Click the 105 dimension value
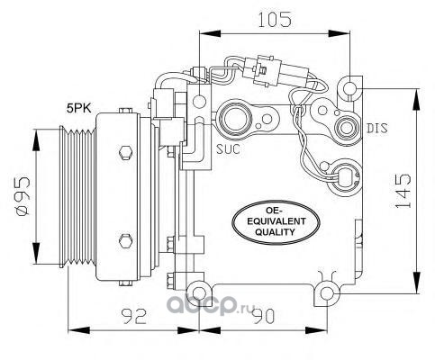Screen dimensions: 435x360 (x=275, y=20)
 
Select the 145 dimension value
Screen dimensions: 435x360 (x=403, y=191)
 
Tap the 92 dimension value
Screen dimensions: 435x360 (x=133, y=316)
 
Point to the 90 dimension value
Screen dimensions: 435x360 (x=263, y=316)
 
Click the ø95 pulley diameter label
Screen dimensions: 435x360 (x=23, y=196)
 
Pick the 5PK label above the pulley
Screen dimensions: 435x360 (x=79, y=108)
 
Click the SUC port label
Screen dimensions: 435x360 (x=229, y=148)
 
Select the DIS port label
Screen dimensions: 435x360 (x=377, y=129)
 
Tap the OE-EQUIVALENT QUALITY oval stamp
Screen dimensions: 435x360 (x=275, y=222)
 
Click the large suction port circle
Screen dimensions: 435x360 (x=236, y=119)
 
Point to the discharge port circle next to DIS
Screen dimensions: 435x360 (x=347, y=128)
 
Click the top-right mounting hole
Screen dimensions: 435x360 (x=350, y=88)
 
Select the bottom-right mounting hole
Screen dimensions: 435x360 (x=327, y=293)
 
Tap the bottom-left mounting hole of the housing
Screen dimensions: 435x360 (x=198, y=293)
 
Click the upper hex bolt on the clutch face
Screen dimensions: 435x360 (x=125, y=153)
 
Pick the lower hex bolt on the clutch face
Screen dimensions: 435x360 (x=125, y=241)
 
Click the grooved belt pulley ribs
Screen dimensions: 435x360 (x=78, y=196)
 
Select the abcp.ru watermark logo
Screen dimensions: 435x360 (x=211, y=304)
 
